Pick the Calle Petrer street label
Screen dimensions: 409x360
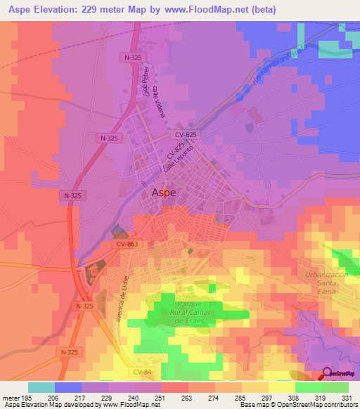click(x=146, y=82)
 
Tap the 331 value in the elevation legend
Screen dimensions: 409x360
click(x=346, y=397)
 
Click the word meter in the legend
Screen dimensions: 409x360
click(x=12, y=397)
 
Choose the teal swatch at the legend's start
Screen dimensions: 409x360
click(x=41, y=387)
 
